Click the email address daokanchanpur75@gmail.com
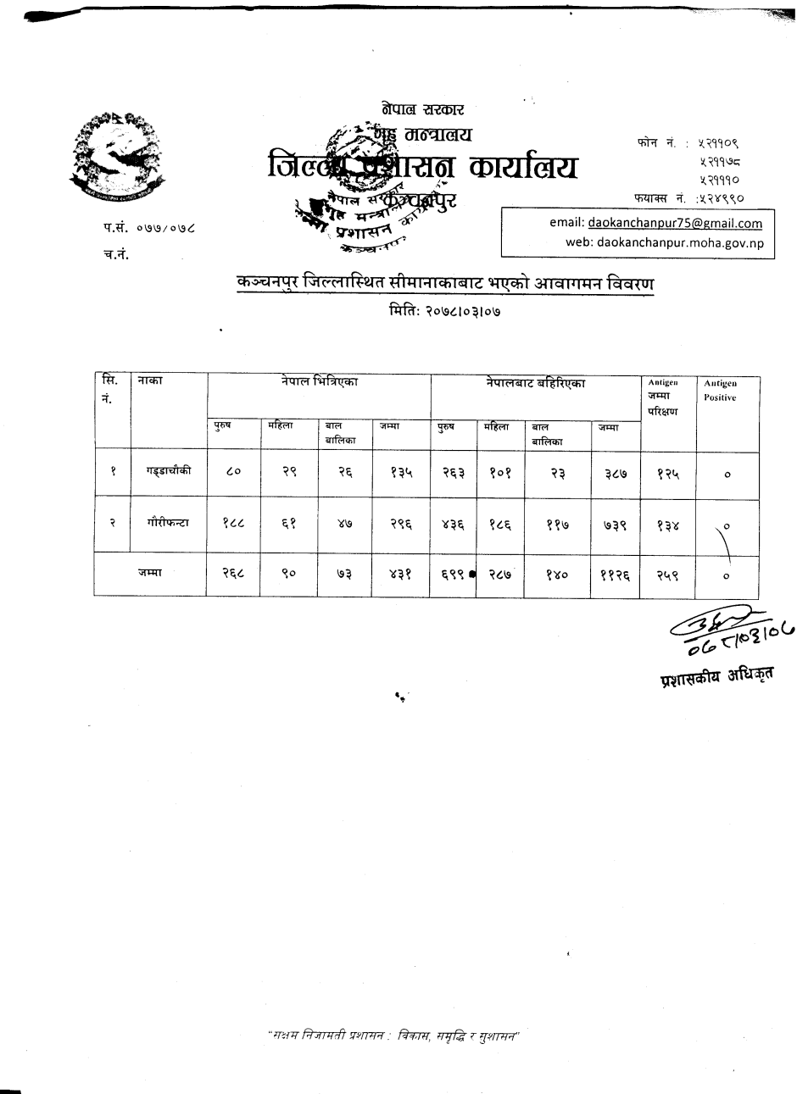point(675,224)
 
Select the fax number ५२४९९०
point(721,198)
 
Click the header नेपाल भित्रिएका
point(320,383)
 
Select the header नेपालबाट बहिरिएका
point(536,383)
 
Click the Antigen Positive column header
point(720,391)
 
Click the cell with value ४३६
point(454,525)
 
